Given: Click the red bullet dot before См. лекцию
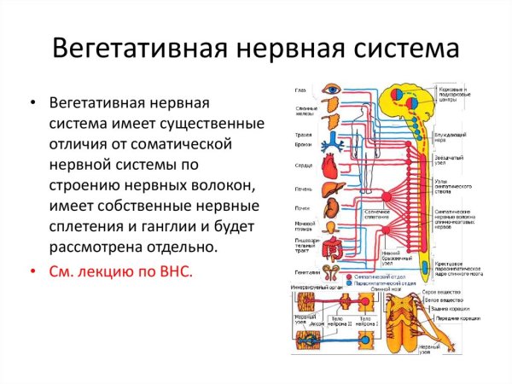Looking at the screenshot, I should tap(32, 273).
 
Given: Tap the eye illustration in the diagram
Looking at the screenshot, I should tap(332, 89).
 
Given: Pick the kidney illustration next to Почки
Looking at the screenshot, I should tap(329, 212).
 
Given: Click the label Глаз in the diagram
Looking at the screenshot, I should tap(300, 90).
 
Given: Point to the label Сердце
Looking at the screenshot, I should tap(304, 166).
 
